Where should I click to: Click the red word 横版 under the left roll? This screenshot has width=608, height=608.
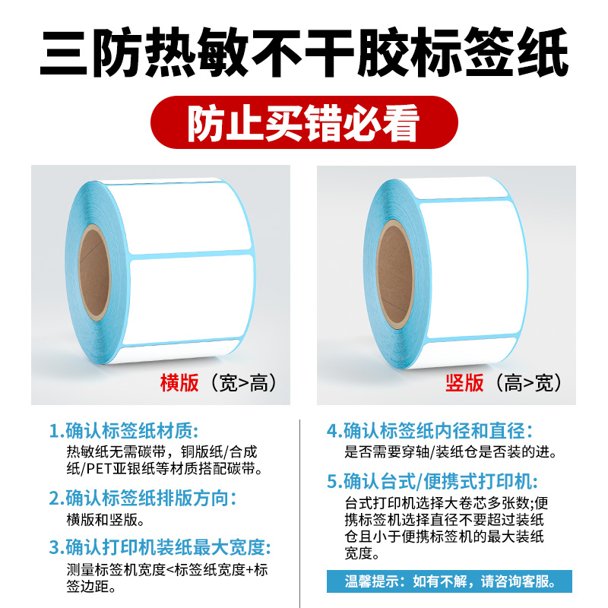[x=179, y=382]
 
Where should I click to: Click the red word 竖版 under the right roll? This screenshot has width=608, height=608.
[x=464, y=382]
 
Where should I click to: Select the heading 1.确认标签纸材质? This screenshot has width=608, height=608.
[x=127, y=431]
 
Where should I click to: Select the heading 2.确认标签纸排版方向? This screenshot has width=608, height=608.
[x=143, y=499]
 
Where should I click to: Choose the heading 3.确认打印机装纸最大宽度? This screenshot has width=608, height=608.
[x=160, y=547]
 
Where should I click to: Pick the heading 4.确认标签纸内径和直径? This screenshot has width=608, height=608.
[x=429, y=431]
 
